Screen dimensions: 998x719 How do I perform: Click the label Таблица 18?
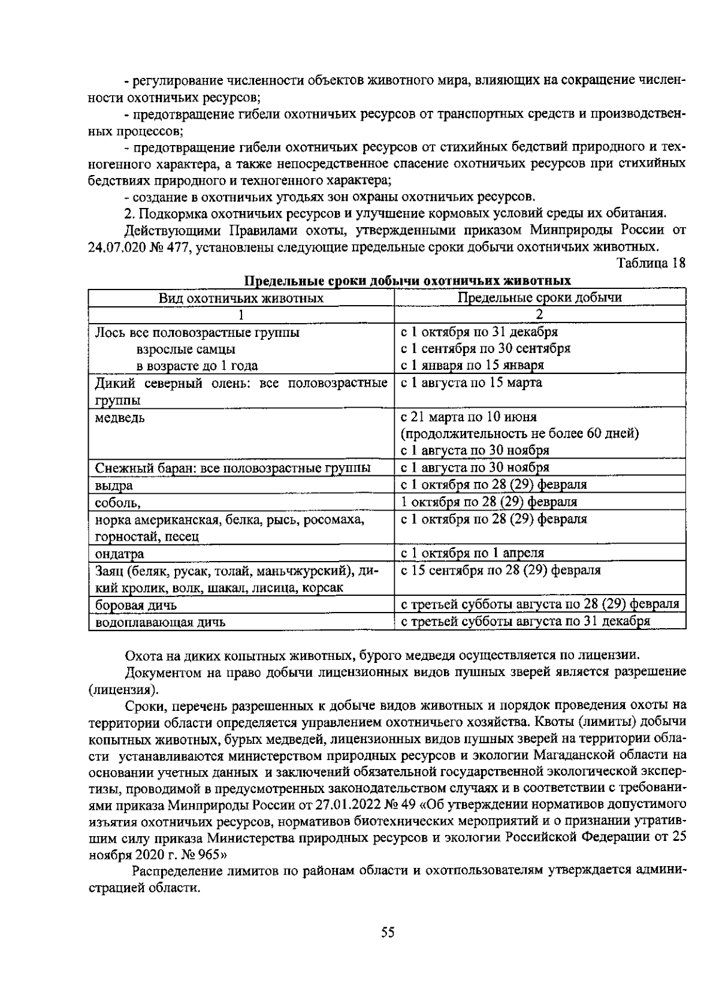[x=650, y=263]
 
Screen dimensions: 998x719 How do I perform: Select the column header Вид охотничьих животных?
[x=241, y=298]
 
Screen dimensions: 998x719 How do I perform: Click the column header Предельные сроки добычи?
[x=539, y=297]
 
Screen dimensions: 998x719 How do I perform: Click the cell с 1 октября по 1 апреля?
[x=472, y=553]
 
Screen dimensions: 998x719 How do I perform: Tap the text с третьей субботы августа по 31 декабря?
[x=525, y=621]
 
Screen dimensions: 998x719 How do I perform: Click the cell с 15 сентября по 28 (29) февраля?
[x=500, y=570]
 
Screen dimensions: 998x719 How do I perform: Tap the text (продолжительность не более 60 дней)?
[x=519, y=433]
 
